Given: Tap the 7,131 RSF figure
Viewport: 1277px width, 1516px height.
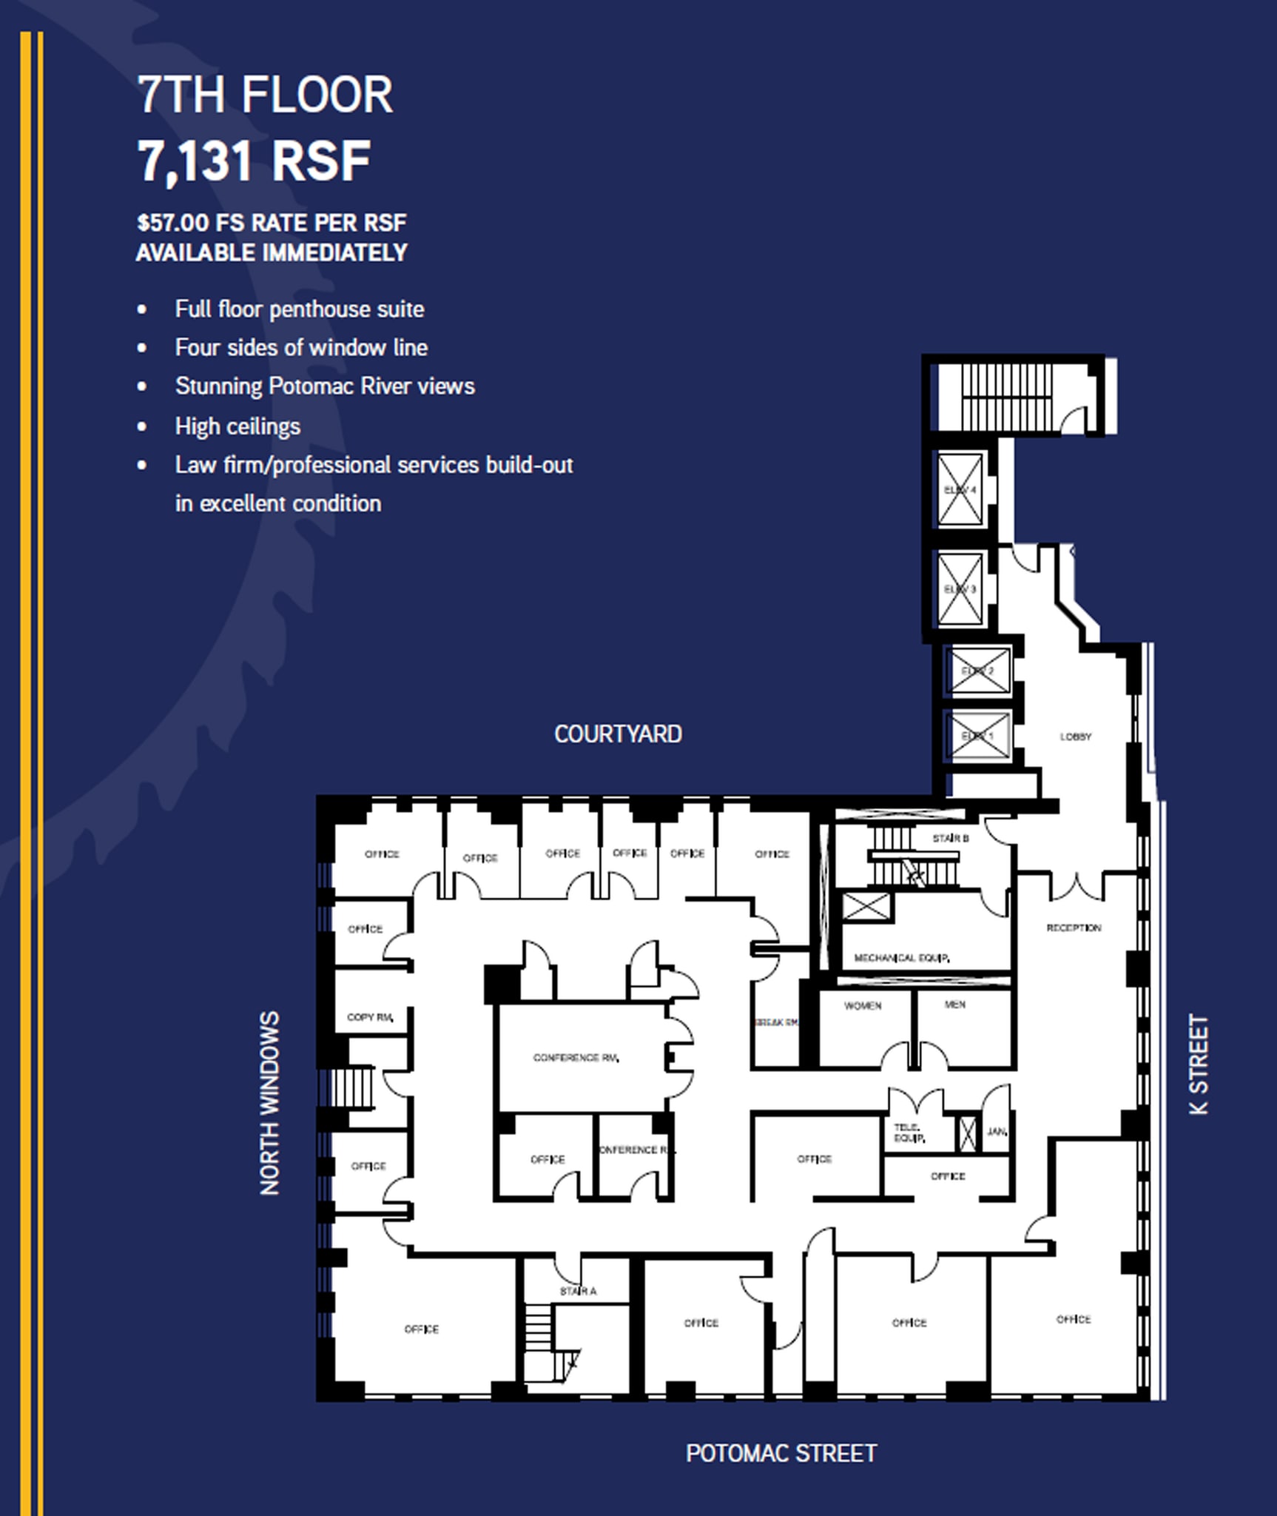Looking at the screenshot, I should click(x=254, y=161).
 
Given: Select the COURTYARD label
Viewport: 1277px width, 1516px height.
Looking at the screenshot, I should click(x=618, y=734).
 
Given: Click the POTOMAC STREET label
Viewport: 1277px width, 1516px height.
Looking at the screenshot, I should click(x=781, y=1453).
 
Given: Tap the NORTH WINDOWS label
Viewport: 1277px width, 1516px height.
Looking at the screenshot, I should click(x=270, y=1103).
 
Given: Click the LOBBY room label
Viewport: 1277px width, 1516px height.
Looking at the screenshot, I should click(x=1075, y=737).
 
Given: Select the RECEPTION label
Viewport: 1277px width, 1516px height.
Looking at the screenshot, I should click(x=1074, y=928).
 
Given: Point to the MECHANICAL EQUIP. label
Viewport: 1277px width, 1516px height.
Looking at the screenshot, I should click(x=901, y=958).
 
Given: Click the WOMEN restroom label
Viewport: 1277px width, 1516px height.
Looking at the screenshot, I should click(x=863, y=1006).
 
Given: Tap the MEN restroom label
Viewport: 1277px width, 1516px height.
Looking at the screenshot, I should click(x=954, y=1004).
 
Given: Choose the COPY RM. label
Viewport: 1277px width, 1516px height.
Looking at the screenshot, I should click(x=370, y=1017).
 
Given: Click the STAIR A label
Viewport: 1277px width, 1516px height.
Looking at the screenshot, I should click(x=578, y=1291).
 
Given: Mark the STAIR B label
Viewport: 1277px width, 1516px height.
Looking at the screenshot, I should click(x=950, y=838).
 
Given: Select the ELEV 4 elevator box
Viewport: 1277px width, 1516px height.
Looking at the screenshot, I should click(x=960, y=490).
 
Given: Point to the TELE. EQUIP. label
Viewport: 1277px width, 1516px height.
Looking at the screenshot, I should click(x=909, y=1133).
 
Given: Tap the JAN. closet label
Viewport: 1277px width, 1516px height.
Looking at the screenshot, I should click(x=997, y=1132).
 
